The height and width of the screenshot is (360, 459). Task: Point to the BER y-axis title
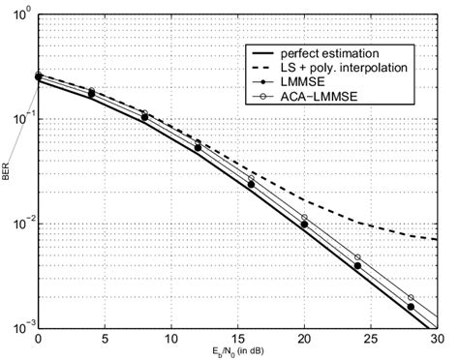[8, 172]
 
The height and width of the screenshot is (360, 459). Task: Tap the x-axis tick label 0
[38, 339]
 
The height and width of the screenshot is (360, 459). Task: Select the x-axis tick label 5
[105, 339]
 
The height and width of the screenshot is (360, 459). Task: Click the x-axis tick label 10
[171, 339]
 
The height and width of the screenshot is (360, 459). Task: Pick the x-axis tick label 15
[238, 339]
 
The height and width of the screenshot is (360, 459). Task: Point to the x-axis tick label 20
[305, 339]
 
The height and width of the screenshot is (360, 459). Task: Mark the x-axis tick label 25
[372, 339]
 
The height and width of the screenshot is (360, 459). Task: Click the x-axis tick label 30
[438, 339]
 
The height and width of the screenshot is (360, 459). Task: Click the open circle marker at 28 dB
[411, 298]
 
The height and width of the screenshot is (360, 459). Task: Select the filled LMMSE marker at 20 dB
[304, 225]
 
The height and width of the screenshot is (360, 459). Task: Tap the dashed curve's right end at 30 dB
[438, 239]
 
